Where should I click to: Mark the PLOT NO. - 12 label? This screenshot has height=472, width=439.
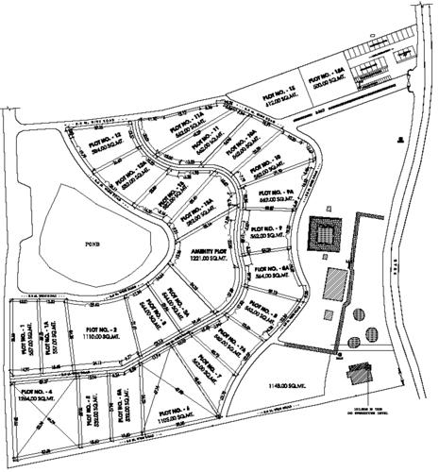[105, 141]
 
